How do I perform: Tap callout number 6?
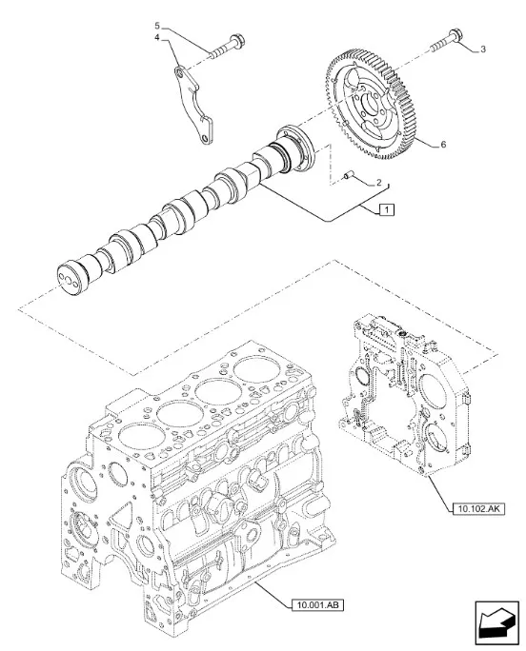tap(441, 145)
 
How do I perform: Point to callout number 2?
tap(379, 183)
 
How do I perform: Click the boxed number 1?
tap(384, 208)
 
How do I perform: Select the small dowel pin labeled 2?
tap(350, 175)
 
